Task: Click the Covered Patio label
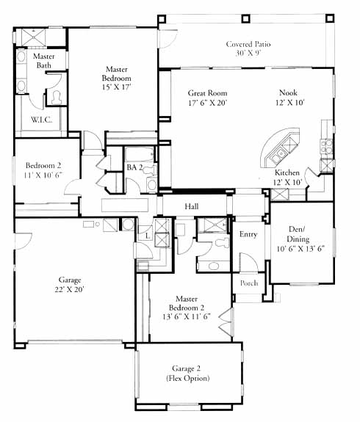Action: tap(248, 44)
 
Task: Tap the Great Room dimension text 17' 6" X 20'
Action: tap(208, 103)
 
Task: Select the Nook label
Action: tap(288, 93)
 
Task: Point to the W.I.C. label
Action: tap(41, 120)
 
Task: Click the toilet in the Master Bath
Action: tap(57, 98)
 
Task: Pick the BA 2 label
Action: tap(134, 167)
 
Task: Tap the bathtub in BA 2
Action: tap(140, 154)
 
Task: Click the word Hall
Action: tap(192, 207)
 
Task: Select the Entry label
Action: tap(248, 234)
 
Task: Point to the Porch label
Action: tap(249, 283)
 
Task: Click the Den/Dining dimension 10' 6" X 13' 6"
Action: tap(300, 249)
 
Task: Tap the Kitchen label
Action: tap(287, 172)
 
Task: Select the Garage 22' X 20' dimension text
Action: tap(70, 290)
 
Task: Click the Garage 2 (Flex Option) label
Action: tap(187, 374)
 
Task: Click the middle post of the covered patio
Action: tap(245, 18)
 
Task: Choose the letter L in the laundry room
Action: tap(148, 236)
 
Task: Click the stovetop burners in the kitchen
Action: tap(326, 147)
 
